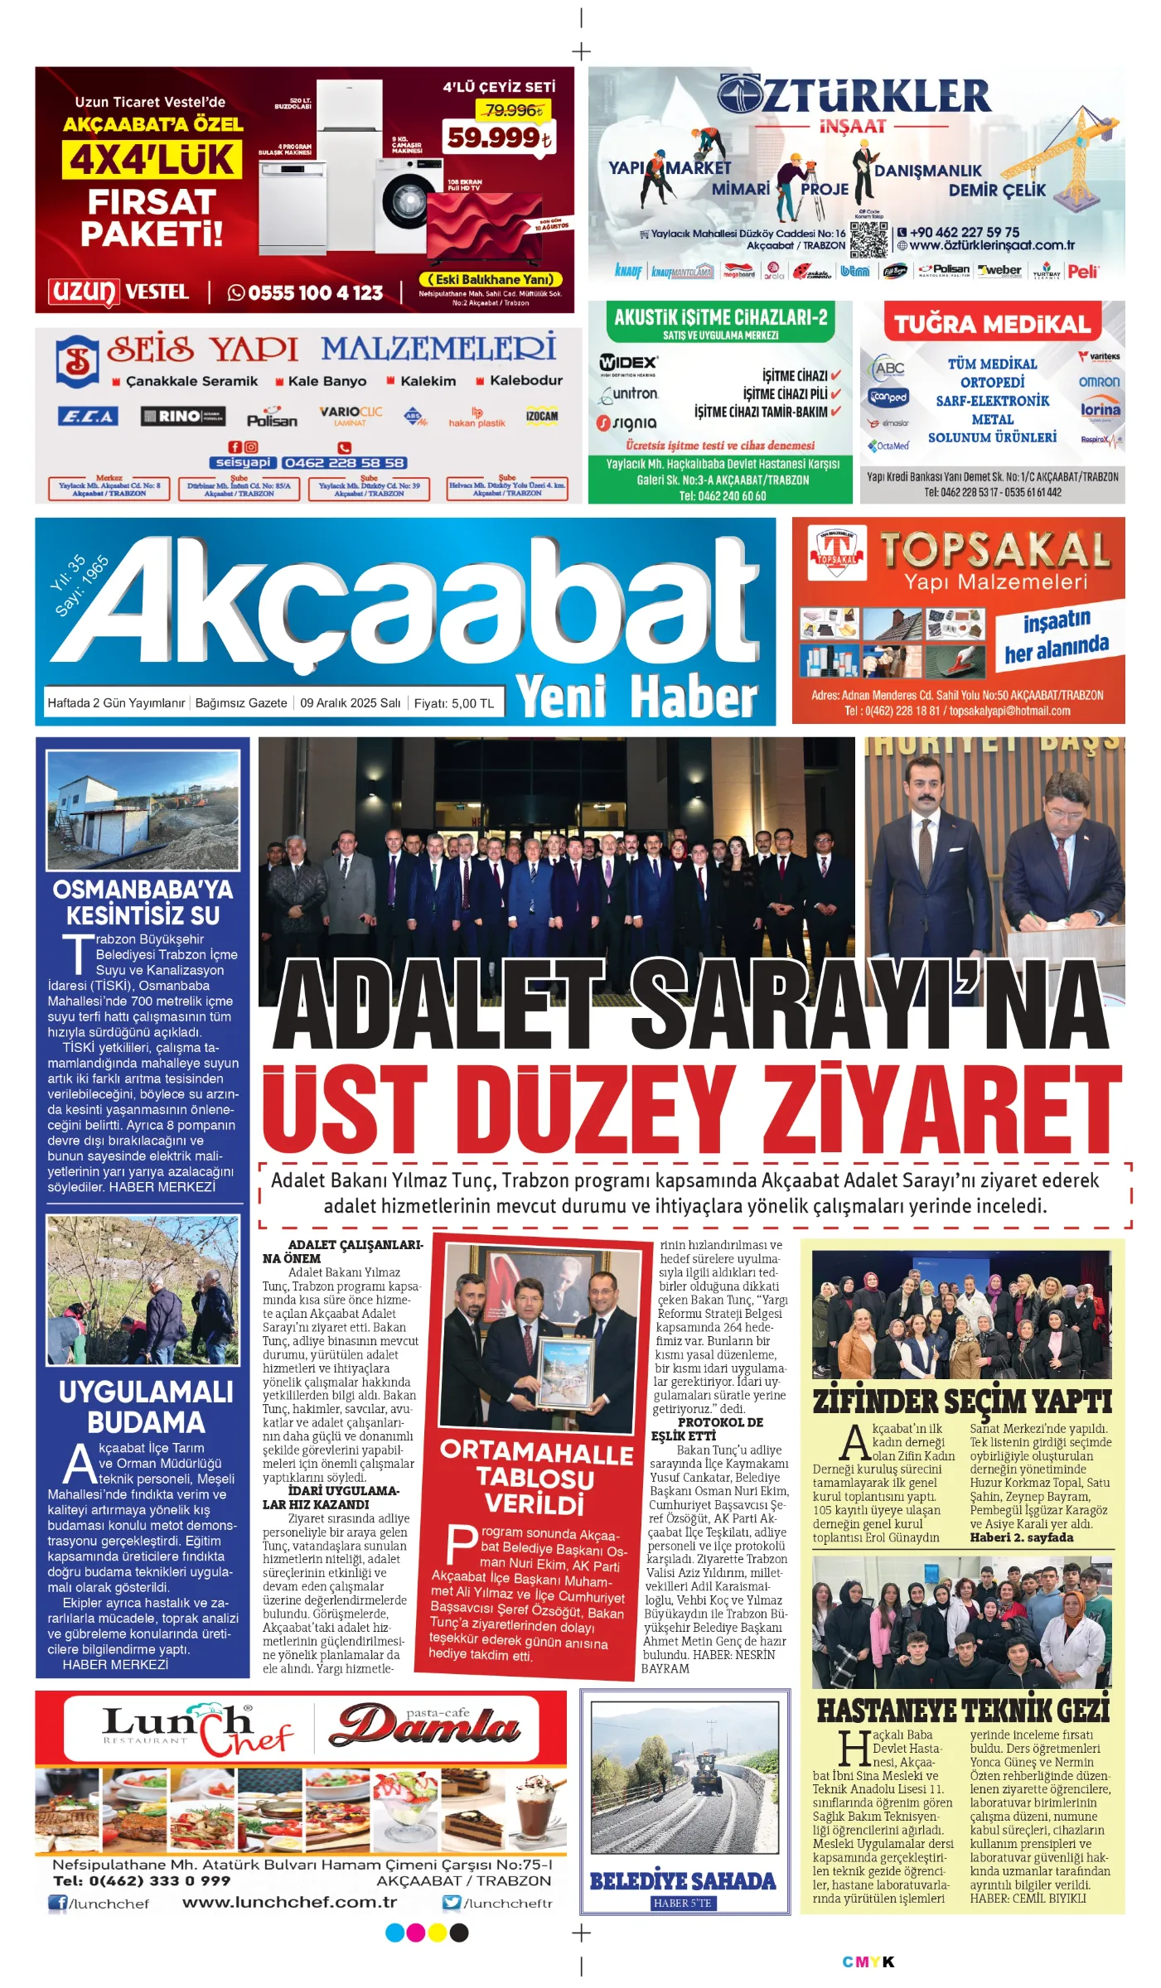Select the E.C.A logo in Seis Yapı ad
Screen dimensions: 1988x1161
click(87, 417)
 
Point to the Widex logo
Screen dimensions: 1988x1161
click(628, 363)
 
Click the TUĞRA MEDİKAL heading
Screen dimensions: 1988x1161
click(992, 324)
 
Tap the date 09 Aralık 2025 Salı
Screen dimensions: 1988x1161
click(350, 703)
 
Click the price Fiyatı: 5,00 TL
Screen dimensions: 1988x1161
click(453, 703)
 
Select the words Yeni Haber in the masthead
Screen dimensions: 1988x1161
click(636, 696)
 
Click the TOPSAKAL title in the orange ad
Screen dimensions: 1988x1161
click(994, 550)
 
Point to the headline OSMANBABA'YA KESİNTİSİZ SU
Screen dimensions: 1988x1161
click(143, 902)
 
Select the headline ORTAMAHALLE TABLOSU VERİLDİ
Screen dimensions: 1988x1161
click(536, 1479)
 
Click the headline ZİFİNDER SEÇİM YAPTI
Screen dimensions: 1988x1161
click(961, 1402)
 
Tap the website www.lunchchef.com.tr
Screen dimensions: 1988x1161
click(289, 1903)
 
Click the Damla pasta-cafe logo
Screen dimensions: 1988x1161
click(425, 1725)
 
